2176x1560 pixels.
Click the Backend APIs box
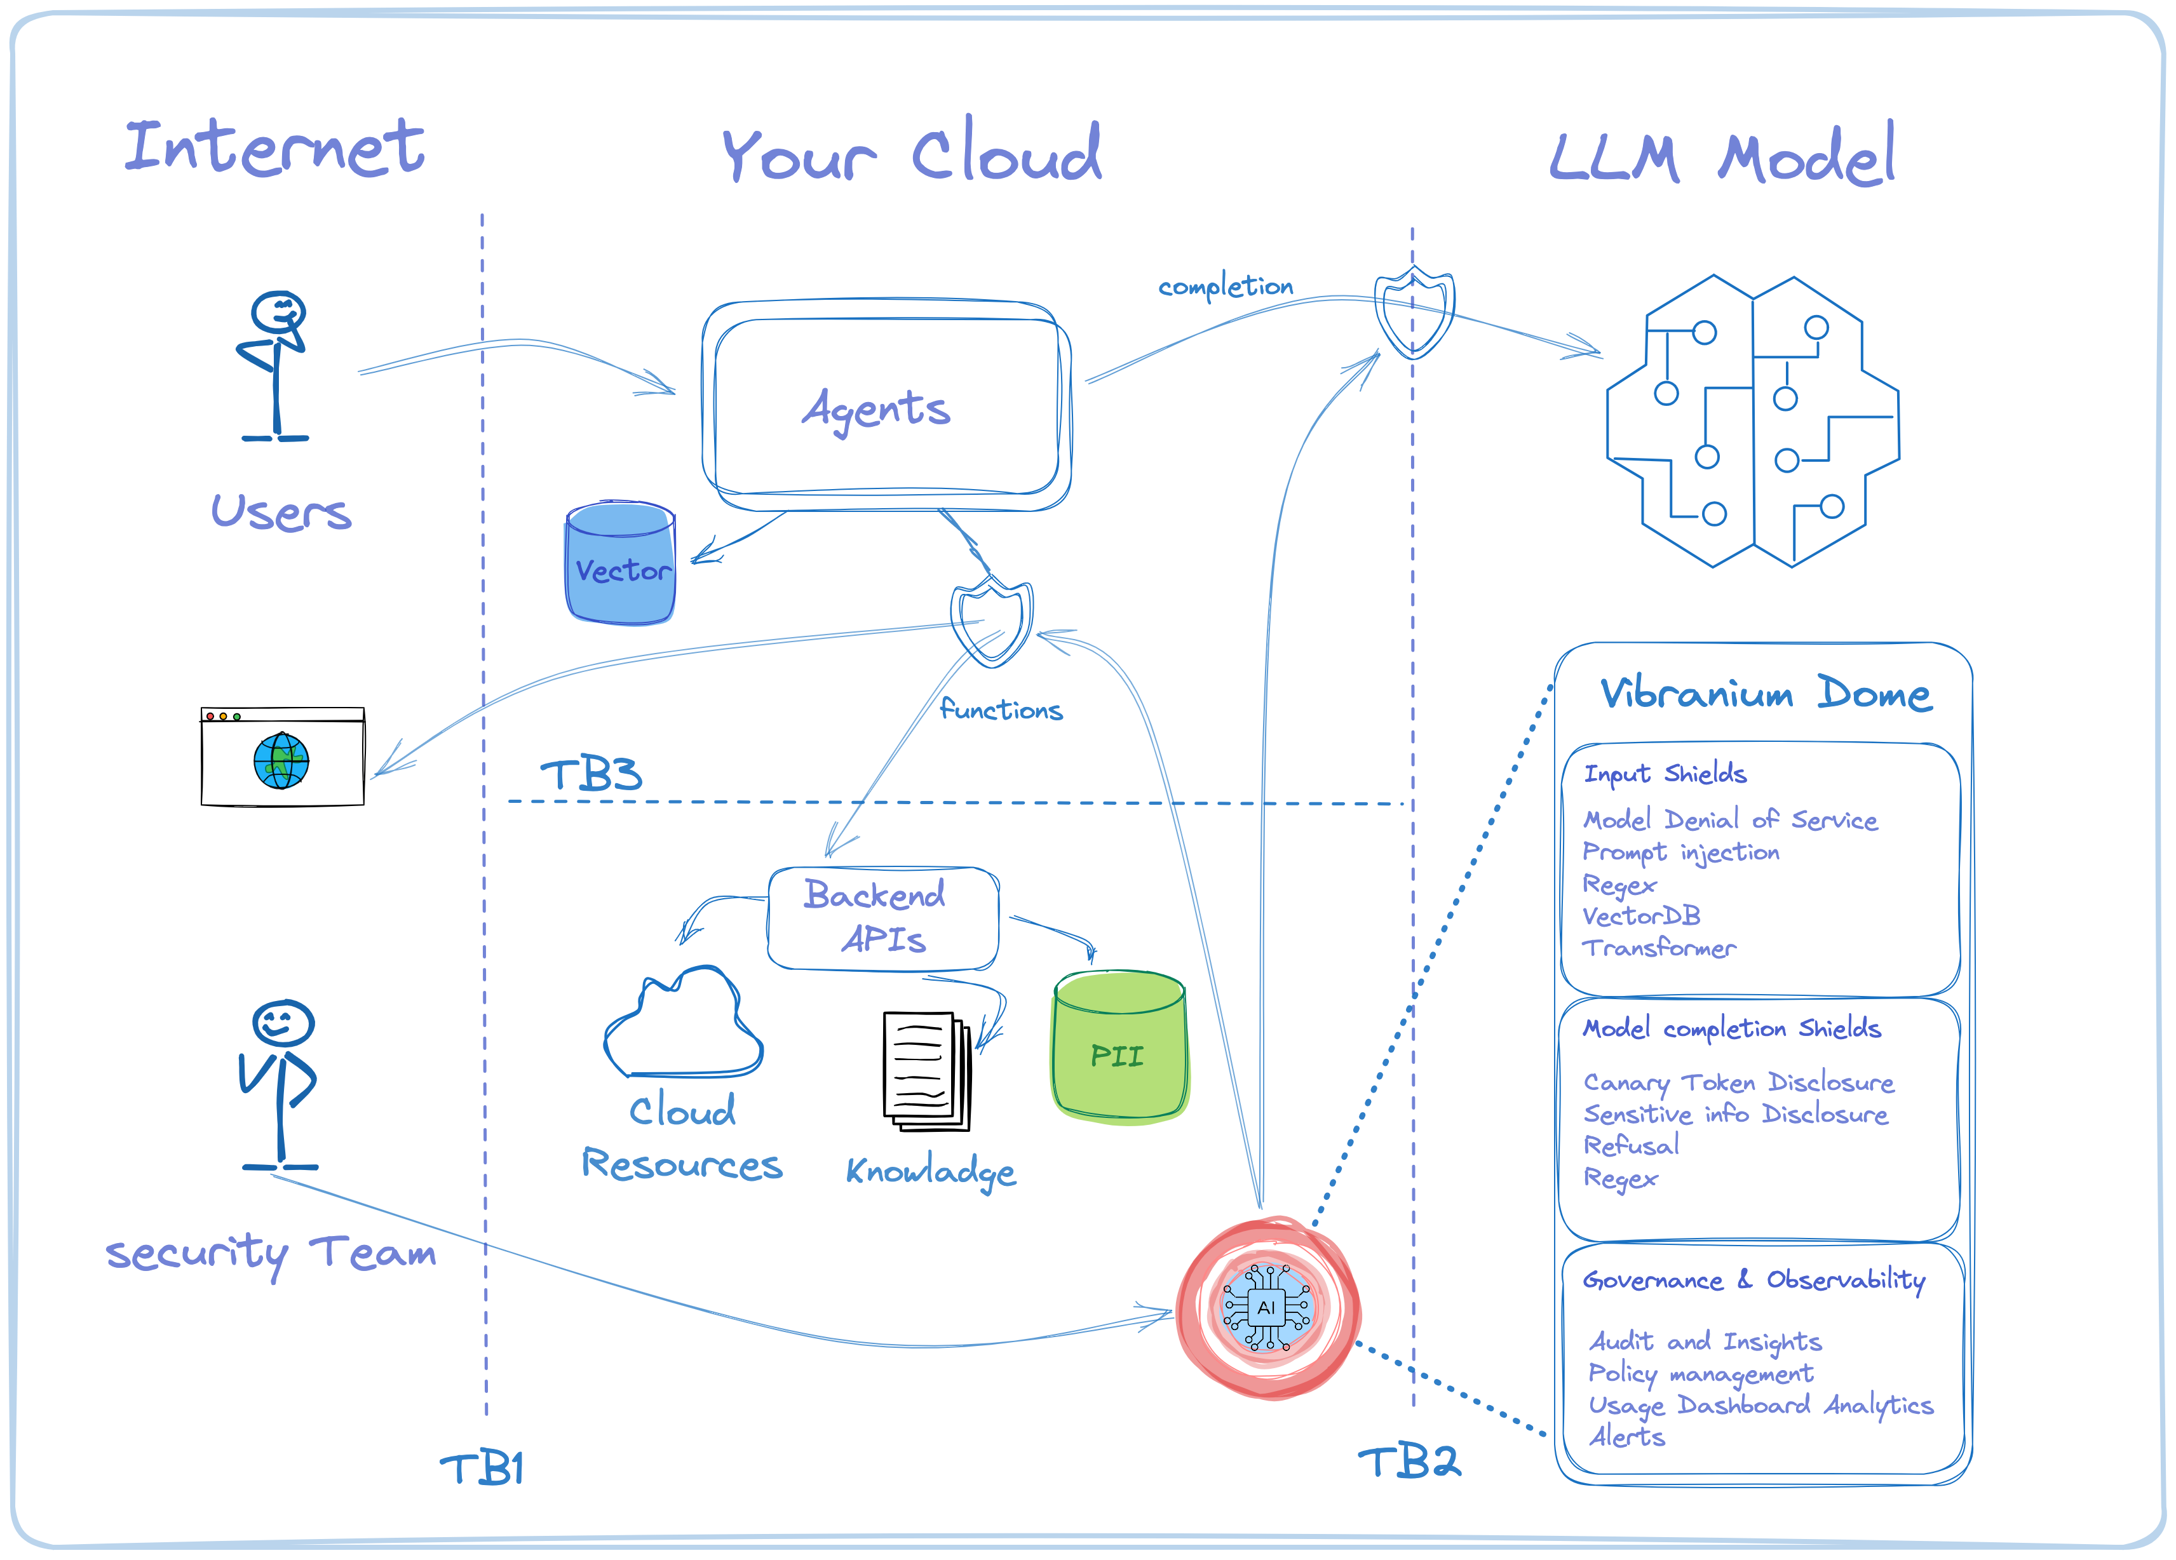[882, 918]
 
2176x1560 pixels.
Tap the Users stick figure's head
[278, 313]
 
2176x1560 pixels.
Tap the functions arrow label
[1001, 710]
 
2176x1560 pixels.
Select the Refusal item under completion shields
[1630, 1145]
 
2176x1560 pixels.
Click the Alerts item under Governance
[1626, 1436]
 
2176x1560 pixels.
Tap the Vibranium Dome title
[1766, 694]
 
